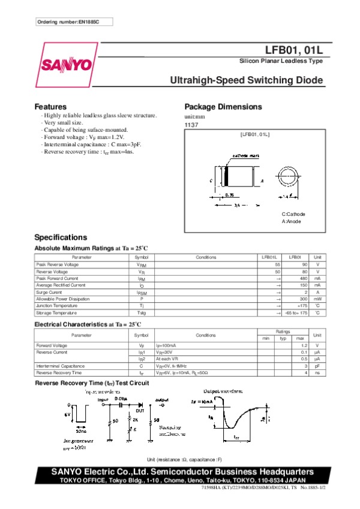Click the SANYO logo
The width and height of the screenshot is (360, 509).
tap(67, 65)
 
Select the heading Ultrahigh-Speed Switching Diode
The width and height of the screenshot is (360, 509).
tap(247, 80)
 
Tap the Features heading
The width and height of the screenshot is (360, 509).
tap(50, 107)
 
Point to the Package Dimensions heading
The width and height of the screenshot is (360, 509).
tap(223, 107)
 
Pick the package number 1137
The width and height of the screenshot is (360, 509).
tap(191, 125)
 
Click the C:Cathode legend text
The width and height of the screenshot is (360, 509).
tap(293, 214)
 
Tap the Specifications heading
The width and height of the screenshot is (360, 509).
tap(61, 237)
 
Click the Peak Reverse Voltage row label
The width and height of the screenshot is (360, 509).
tap(57, 264)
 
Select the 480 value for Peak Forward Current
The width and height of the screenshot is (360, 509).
tap(303, 278)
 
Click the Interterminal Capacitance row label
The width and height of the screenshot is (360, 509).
tap(60, 366)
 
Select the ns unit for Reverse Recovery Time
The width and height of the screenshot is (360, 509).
tap(317, 372)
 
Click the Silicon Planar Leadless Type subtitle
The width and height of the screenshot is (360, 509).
tap(281, 62)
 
